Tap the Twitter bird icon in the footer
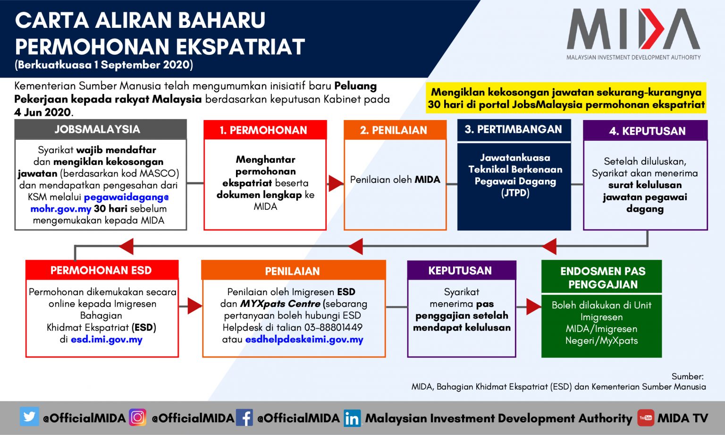coord(29,417)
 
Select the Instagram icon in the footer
coord(137,417)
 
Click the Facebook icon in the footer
coord(244,418)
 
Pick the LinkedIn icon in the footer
coord(352,418)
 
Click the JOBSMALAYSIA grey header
coord(101,129)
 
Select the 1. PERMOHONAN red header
coord(265,130)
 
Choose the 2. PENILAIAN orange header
coord(395,130)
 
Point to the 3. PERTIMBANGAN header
coord(514,129)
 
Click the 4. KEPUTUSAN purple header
coord(645,130)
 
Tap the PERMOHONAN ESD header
coord(102,270)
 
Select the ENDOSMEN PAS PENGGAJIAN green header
coord(602,277)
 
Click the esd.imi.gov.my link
coord(107,340)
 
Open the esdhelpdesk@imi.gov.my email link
coord(304,340)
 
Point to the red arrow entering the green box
coord(533,307)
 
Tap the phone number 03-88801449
coord(333,327)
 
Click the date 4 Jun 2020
coord(42,112)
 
